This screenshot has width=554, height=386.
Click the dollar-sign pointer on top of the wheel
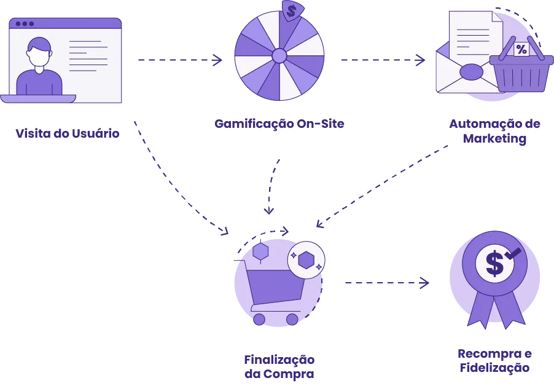tap(291, 10)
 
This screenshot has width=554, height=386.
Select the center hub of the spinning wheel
tap(279, 56)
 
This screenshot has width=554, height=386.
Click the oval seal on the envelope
tap(472, 72)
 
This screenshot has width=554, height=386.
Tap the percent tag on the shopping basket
tap(521, 49)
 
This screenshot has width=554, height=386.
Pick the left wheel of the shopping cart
tap(259, 320)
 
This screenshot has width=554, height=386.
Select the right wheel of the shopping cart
tap(292, 320)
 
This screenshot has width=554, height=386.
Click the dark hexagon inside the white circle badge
tap(306, 260)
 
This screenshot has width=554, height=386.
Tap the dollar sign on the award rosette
tap(494, 263)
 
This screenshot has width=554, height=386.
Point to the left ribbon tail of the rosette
tap(479, 310)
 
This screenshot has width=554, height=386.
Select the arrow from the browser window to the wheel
tap(178, 61)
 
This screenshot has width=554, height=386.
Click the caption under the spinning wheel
tap(279, 123)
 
